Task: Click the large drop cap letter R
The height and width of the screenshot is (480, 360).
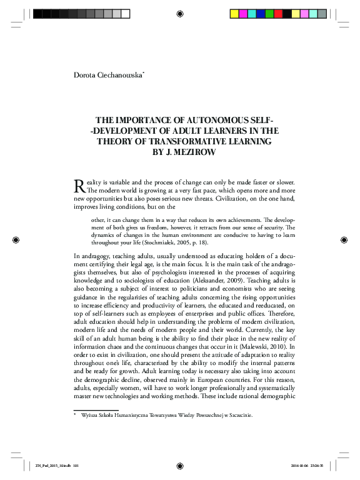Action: (79, 185)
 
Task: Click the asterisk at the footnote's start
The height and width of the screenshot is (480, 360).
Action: (76, 414)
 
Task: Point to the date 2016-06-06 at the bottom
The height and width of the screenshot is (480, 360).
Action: (301, 464)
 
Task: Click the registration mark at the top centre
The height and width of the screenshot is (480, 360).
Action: (180, 13)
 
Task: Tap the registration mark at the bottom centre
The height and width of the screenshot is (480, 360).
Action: (180, 465)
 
